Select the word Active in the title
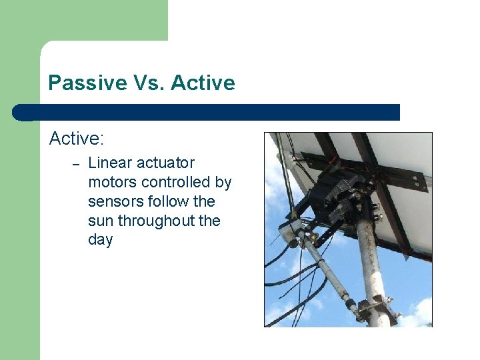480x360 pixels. tap(203, 83)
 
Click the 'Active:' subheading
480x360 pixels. tap(77, 139)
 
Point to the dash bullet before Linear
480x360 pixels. tap(76, 164)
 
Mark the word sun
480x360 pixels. tap(101, 221)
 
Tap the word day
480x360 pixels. tap(100, 240)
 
